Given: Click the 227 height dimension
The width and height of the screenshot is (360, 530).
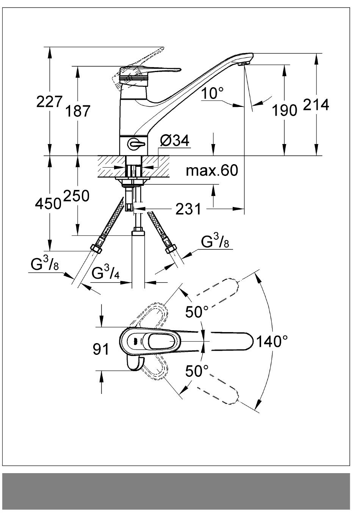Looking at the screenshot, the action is tap(49, 102).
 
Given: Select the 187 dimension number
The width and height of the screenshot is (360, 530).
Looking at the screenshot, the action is tap(78, 111).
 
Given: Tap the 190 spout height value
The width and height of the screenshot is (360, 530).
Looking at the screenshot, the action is tap(285, 110).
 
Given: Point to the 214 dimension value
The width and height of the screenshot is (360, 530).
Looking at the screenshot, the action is tap(316, 104).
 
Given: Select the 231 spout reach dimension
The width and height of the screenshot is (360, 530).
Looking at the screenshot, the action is tap(188, 209).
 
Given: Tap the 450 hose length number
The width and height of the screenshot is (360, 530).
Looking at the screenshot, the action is tap(48, 204).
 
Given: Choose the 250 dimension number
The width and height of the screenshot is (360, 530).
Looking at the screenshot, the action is tap(77, 196).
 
